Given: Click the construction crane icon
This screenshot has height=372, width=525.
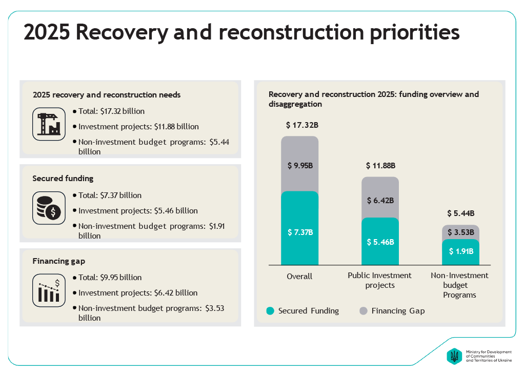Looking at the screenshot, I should pyautogui.click(x=49, y=124).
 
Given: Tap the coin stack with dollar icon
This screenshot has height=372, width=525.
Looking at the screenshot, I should pyautogui.click(x=49, y=208).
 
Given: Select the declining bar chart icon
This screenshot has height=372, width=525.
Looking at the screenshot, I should pyautogui.click(x=49, y=290).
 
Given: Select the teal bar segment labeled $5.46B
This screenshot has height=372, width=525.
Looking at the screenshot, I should pyautogui.click(x=380, y=242).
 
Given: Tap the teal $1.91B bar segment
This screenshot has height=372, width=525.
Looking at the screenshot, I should pyautogui.click(x=460, y=252).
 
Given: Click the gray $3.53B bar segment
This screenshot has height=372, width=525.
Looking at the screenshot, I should pyautogui.click(x=460, y=232).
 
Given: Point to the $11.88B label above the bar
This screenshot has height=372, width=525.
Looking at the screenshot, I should pyautogui.click(x=380, y=166).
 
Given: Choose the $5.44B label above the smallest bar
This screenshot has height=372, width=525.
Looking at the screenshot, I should pyautogui.click(x=460, y=213).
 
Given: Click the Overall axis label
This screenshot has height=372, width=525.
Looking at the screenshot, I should pyautogui.click(x=299, y=277).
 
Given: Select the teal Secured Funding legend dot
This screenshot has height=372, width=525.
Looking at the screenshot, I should pyautogui.click(x=270, y=311).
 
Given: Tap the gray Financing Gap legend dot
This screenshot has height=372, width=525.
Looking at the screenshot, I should pyautogui.click(x=364, y=311).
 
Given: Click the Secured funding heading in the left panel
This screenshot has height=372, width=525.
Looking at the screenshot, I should pyautogui.click(x=63, y=179).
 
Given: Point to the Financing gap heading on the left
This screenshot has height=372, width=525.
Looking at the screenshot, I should pyautogui.click(x=58, y=261).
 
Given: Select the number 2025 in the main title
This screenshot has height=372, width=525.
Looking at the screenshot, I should pyautogui.click(x=47, y=33).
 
